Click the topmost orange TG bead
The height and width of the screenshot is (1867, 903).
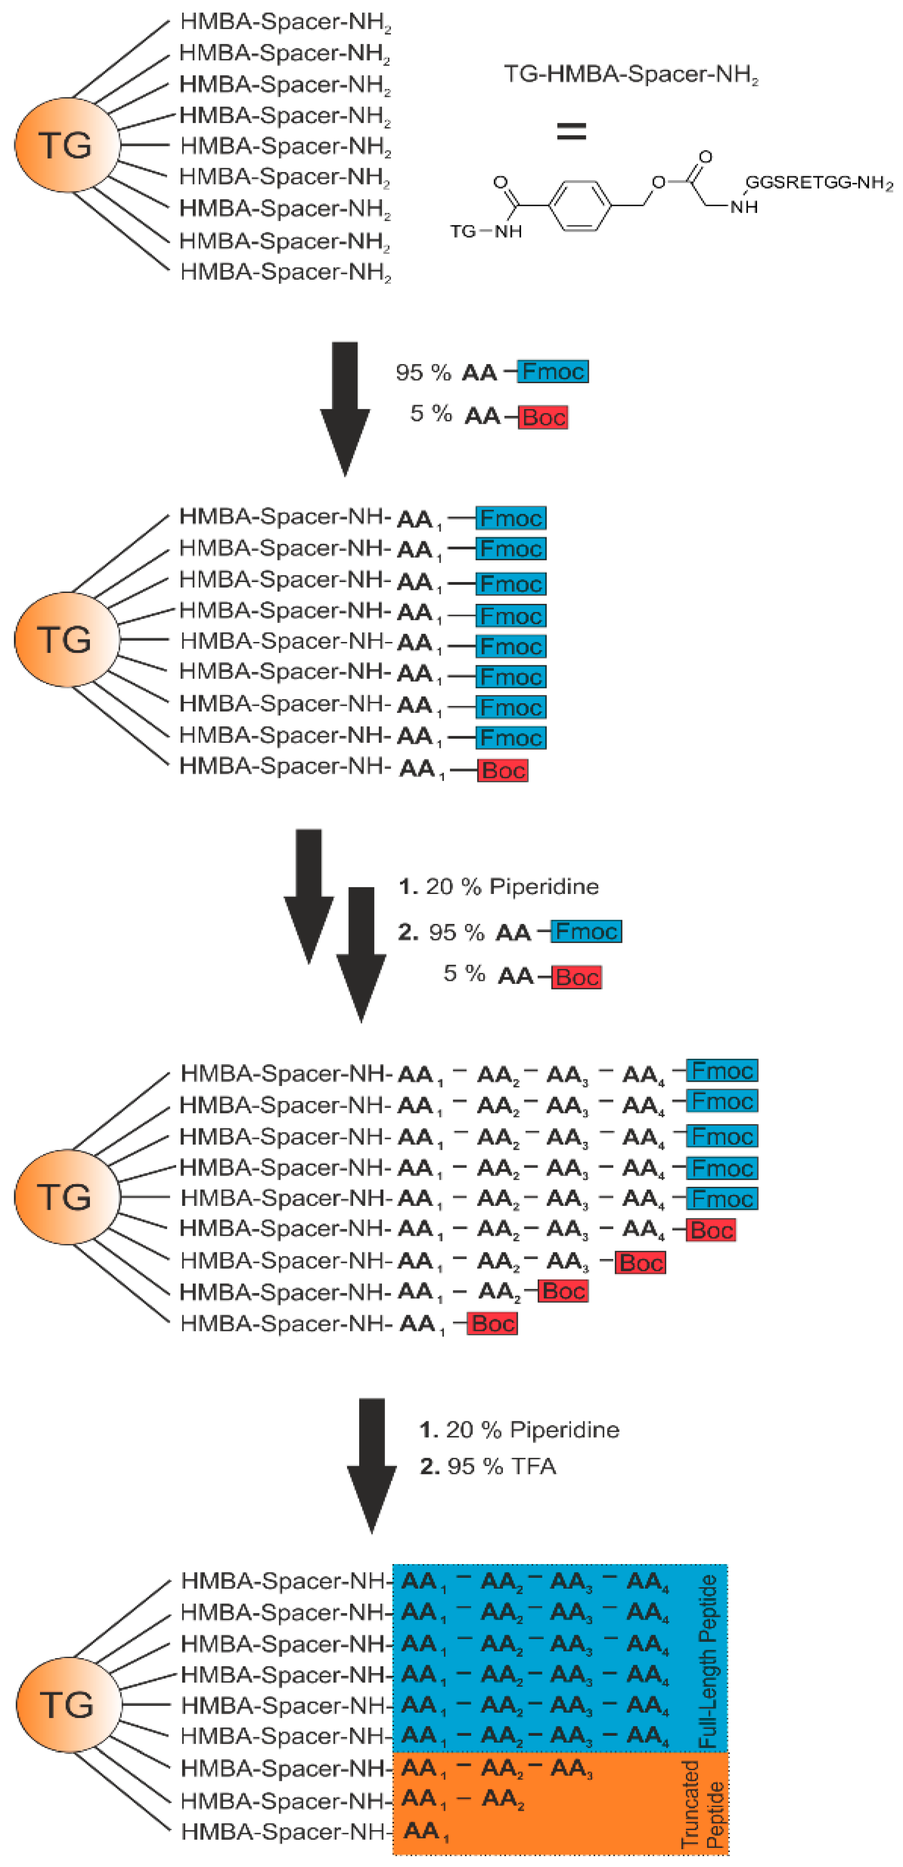coord(67,145)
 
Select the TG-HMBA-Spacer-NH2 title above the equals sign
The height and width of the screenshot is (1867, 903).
coord(631,75)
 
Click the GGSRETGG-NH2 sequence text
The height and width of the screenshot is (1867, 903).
coord(818,182)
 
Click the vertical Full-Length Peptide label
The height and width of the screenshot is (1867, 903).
coord(707,1660)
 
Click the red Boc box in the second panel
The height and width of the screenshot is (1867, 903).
coord(502,770)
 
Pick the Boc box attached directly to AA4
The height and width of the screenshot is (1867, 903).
coord(711,1230)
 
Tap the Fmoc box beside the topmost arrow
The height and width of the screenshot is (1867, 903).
coord(553,372)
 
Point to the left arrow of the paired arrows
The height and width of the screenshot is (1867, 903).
coord(309,895)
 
